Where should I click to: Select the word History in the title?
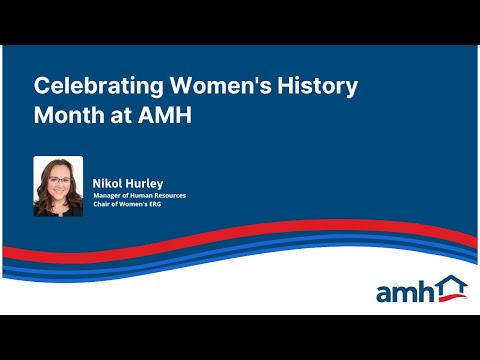[x=322, y=87]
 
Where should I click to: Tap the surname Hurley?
[x=146, y=183]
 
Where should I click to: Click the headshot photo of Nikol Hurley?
[x=58, y=186]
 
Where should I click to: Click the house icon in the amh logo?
[x=452, y=288]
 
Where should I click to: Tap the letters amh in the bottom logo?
[x=406, y=291]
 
